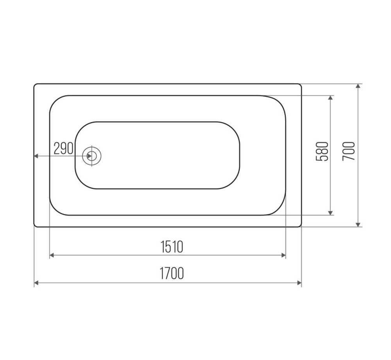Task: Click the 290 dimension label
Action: (x=63, y=149)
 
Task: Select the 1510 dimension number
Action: (x=172, y=247)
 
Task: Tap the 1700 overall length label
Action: (x=172, y=273)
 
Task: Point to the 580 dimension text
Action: (x=322, y=151)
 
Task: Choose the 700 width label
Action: (x=349, y=151)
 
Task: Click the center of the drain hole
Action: (x=92, y=156)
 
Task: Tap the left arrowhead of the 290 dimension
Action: (x=36, y=156)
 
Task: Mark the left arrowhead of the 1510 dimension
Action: (x=52, y=255)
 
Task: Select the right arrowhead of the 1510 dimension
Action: (x=283, y=255)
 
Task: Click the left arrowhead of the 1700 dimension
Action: (x=36, y=283)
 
